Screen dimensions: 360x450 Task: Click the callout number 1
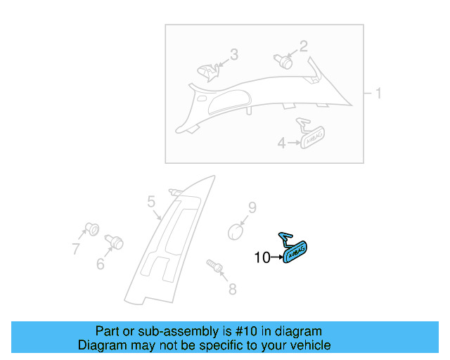(378, 94)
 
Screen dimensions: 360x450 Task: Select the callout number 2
(303, 46)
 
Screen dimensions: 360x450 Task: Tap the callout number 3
(234, 54)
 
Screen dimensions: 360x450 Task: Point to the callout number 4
(281, 143)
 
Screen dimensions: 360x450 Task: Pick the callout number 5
(151, 202)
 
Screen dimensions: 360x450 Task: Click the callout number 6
(100, 264)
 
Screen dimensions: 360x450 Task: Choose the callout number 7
(75, 247)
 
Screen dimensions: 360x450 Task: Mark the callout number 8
(232, 288)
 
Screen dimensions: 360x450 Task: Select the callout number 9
(252, 207)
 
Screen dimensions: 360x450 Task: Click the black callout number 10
(262, 258)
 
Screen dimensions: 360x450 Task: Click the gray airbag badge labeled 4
(314, 136)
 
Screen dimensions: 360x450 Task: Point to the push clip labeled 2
(283, 60)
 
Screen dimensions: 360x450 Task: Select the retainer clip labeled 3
(207, 70)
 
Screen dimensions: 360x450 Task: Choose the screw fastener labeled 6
(114, 243)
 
